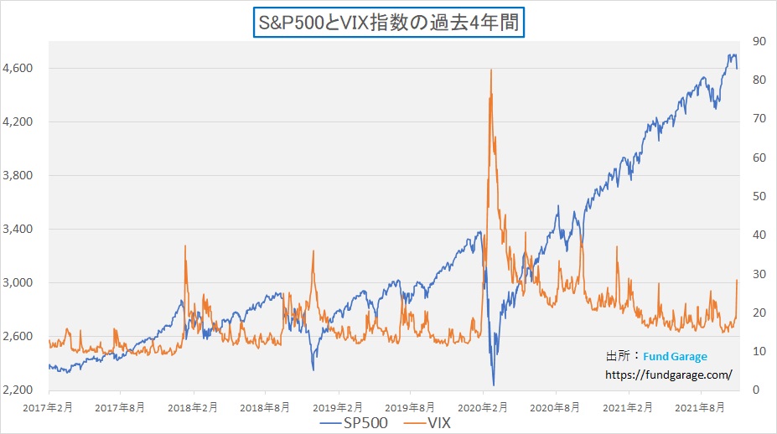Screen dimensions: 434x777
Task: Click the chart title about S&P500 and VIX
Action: (x=389, y=22)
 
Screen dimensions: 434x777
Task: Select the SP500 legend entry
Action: (x=356, y=423)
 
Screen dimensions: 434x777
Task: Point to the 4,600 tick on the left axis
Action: (x=18, y=68)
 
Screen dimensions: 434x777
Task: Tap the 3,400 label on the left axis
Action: (x=18, y=229)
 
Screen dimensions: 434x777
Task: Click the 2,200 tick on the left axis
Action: (x=18, y=390)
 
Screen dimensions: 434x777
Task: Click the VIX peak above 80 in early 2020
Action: (x=490, y=70)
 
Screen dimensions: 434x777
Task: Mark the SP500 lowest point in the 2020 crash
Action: (x=493, y=385)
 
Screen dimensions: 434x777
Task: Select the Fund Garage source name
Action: (x=676, y=356)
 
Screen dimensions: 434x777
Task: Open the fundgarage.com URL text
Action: (x=668, y=375)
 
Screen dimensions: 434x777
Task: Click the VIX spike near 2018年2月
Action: (x=185, y=246)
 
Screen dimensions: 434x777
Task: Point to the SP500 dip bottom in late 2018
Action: (x=313, y=369)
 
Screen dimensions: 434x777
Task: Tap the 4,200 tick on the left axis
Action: (x=18, y=121)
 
